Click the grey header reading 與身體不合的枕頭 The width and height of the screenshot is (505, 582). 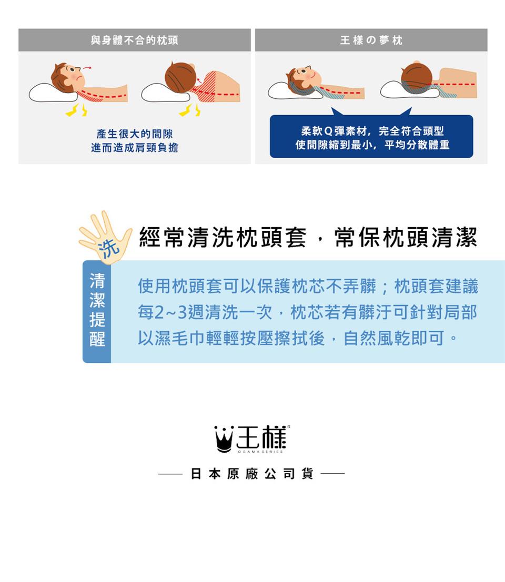[x=135, y=40]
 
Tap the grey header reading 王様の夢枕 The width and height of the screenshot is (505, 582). [x=371, y=40]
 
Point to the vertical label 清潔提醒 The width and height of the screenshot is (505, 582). [x=97, y=310]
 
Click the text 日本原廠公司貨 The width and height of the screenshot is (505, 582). [x=252, y=474]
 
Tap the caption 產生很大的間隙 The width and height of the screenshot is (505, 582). [x=135, y=134]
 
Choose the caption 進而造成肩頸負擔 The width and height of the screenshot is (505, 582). [x=135, y=148]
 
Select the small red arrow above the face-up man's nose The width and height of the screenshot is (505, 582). [x=87, y=68]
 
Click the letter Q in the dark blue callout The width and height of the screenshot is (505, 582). [x=328, y=131]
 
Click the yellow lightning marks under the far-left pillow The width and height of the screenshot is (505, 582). [x=76, y=110]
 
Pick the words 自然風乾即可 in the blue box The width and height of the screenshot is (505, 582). [x=393, y=339]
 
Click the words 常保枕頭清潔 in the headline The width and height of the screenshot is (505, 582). [x=406, y=238]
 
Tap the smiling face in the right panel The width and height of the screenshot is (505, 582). [x=305, y=77]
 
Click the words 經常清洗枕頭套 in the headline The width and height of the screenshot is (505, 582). [x=223, y=238]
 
